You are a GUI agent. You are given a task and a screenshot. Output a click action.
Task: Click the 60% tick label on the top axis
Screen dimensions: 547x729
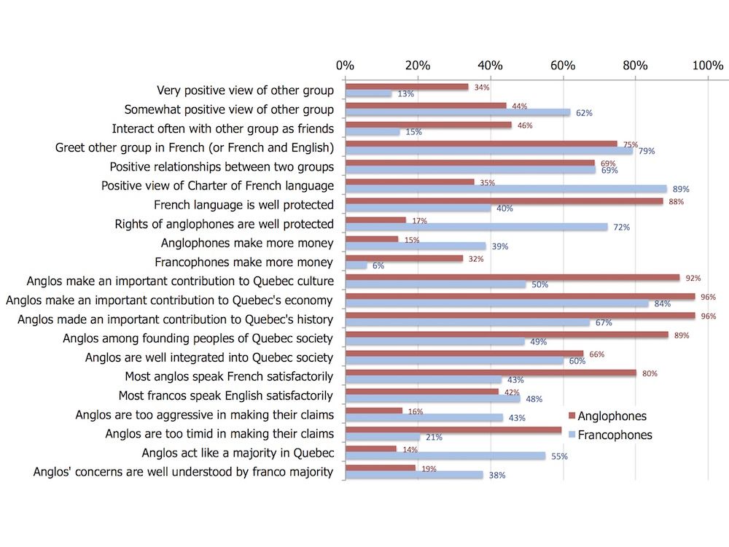click(562, 66)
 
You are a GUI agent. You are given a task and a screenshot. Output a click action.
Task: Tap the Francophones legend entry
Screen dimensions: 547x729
click(613, 435)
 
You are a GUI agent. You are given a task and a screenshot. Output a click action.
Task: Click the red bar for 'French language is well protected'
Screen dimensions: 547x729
click(504, 201)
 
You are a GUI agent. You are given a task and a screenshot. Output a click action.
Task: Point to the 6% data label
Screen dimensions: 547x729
click(378, 265)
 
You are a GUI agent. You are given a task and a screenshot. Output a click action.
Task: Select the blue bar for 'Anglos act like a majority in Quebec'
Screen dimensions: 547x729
click(445, 456)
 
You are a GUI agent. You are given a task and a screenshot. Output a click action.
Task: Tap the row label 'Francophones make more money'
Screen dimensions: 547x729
click(244, 262)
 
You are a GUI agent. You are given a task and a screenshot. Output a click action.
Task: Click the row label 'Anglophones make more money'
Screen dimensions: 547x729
click(247, 243)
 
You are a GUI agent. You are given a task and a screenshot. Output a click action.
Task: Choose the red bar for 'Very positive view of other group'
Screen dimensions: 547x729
click(406, 87)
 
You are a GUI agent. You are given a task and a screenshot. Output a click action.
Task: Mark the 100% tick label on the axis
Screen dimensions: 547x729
click(707, 66)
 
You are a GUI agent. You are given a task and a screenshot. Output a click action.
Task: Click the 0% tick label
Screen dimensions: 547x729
click(345, 66)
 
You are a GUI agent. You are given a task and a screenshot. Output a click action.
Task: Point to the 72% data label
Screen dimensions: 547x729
click(621, 228)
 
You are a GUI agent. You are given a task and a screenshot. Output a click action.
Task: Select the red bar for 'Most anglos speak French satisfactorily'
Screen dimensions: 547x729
click(490, 373)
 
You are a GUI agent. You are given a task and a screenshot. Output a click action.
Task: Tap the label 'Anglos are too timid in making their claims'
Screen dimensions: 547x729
click(219, 434)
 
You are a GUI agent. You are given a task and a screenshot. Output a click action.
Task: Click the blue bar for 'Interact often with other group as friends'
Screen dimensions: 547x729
click(372, 132)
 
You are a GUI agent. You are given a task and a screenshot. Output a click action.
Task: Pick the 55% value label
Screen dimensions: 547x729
click(560, 456)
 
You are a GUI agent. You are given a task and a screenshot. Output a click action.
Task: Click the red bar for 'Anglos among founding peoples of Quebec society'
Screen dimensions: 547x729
click(506, 335)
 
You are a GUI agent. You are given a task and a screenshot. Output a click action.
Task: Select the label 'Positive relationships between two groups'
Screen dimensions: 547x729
click(222, 167)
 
